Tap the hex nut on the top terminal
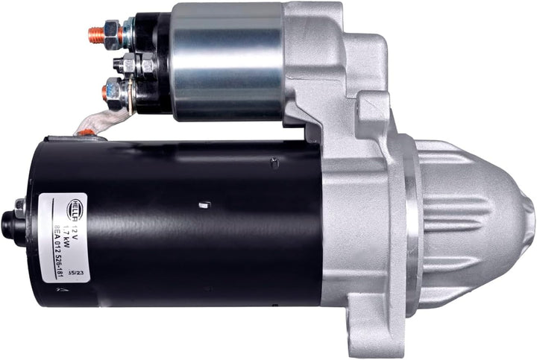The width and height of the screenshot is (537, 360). [112, 31]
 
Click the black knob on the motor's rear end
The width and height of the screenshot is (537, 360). [9, 224]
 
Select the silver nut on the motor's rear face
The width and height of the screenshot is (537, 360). [19, 207]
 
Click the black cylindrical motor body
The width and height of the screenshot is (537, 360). [201, 224]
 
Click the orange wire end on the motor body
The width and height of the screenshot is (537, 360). [87, 133]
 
